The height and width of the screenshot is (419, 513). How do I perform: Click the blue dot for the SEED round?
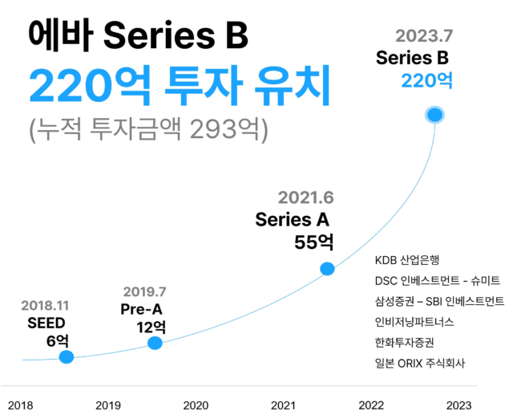click(x=67, y=356)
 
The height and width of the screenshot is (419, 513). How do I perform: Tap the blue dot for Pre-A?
click(x=155, y=343)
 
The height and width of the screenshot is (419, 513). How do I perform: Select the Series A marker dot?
click(x=327, y=269)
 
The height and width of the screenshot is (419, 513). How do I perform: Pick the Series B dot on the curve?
click(x=435, y=115)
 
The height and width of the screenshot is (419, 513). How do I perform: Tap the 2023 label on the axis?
click(x=458, y=405)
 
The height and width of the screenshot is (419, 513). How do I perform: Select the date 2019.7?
click(x=144, y=291)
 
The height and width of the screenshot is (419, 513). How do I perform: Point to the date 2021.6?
click(x=305, y=197)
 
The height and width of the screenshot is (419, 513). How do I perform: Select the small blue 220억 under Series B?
click(x=427, y=80)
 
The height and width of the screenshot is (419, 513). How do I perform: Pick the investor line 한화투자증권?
click(x=409, y=343)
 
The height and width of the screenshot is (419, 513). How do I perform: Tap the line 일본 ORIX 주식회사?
click(x=419, y=364)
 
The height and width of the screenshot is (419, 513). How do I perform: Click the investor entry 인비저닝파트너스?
click(x=414, y=322)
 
